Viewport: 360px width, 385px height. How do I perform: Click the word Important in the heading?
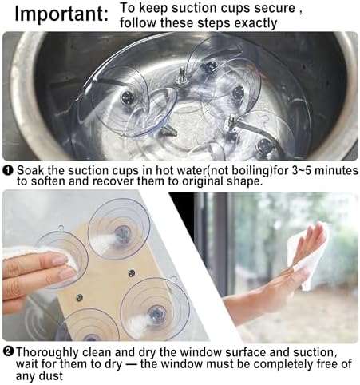[61, 14]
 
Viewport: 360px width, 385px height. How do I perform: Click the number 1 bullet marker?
[9, 169]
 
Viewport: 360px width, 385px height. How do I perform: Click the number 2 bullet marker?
[9, 351]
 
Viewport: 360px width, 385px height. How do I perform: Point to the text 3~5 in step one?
[302, 170]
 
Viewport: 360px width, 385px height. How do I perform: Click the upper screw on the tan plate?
[132, 273]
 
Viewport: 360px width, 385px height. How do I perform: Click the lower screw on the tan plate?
[79, 297]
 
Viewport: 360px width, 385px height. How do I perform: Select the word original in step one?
[203, 182]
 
